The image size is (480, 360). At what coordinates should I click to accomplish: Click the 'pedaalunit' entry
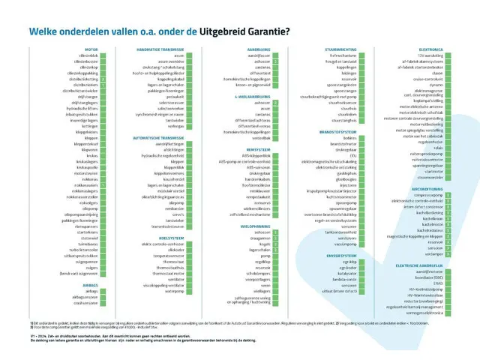[x=174, y=97]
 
